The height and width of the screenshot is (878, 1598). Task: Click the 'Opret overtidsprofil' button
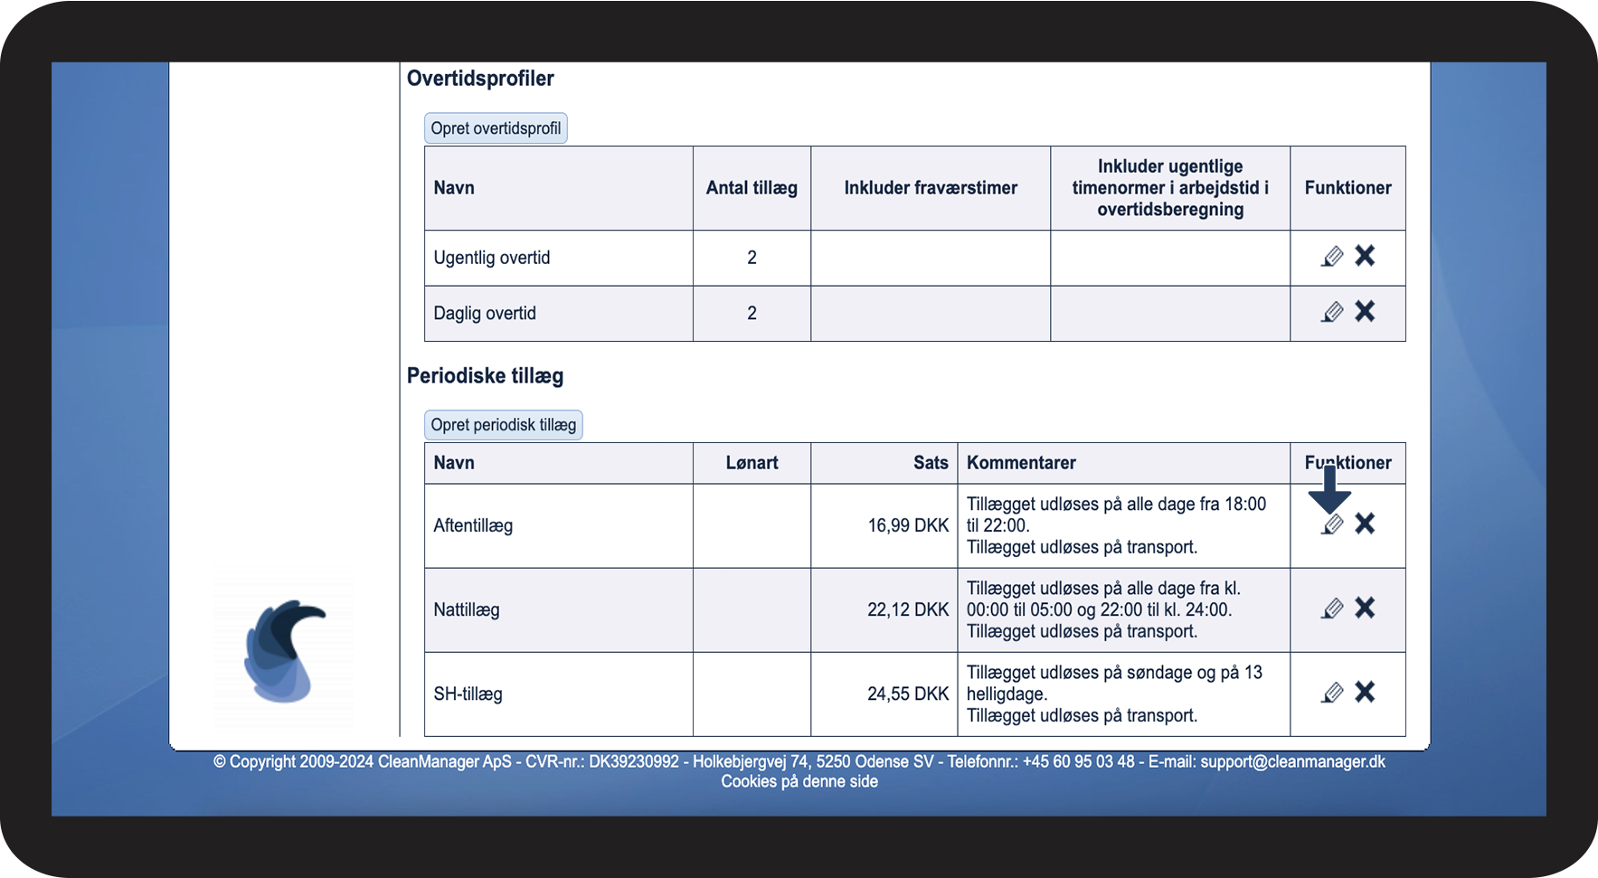496,128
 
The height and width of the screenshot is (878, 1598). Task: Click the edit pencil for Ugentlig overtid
1332,257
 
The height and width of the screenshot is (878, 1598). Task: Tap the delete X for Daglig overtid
1365,312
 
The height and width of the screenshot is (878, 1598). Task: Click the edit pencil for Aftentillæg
1332,524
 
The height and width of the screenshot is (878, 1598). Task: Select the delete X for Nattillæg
1365,609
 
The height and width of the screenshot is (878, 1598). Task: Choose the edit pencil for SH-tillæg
1332,693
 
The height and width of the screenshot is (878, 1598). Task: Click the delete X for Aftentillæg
1365,524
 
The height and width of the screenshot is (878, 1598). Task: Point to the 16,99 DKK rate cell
908,525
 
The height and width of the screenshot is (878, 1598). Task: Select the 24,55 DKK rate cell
908,694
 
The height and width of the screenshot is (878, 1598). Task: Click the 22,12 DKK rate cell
908,609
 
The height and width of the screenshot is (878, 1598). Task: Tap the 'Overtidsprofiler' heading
480,79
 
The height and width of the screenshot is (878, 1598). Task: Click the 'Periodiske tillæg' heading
485,376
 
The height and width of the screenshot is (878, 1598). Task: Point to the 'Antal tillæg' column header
752,188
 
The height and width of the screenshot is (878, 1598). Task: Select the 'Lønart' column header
752,463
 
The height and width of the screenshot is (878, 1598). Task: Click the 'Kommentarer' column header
1021,463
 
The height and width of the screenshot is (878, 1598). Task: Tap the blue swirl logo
283,651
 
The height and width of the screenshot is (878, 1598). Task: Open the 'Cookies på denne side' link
799,781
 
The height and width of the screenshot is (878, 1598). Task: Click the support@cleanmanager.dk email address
1292,761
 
